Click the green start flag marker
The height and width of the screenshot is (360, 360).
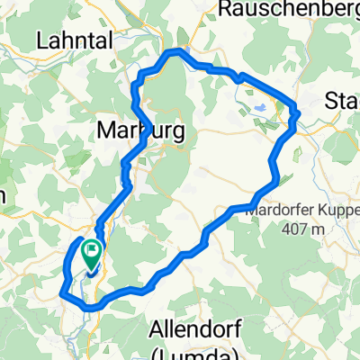[x=92, y=253]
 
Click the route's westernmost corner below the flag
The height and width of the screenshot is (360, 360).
[x=61, y=292]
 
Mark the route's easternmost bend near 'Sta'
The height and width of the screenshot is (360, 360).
[x=296, y=112]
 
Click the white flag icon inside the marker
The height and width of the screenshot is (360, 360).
[x=92, y=249]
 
